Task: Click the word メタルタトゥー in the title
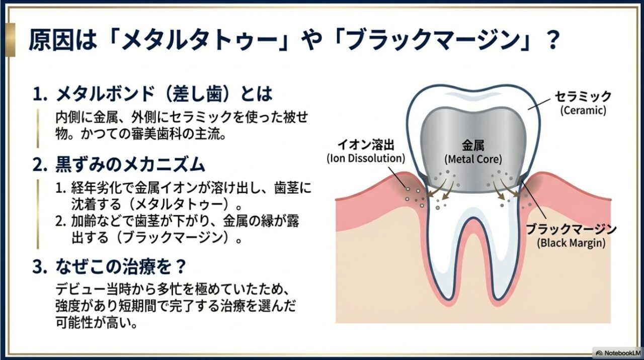click(191, 41)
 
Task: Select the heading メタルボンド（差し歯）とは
click(164, 94)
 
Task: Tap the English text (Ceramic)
click(583, 110)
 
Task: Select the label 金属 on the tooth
click(473, 146)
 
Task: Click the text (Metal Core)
click(473, 160)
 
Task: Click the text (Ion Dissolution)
click(366, 158)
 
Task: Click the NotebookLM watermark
click(617, 352)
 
